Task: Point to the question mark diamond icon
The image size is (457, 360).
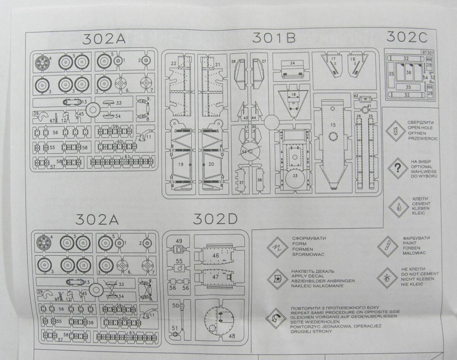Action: (398, 168)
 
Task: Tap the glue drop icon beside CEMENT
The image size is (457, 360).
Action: (398, 206)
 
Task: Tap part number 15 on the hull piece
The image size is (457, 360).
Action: (333, 125)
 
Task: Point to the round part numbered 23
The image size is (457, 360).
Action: (295, 176)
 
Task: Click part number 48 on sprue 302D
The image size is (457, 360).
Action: (232, 336)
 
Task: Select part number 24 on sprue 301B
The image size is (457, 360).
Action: (292, 63)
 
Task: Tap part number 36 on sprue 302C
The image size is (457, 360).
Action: (409, 72)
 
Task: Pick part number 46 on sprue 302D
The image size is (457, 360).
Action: (216, 256)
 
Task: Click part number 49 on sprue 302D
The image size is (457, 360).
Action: (179, 241)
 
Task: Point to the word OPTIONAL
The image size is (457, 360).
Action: (422, 166)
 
